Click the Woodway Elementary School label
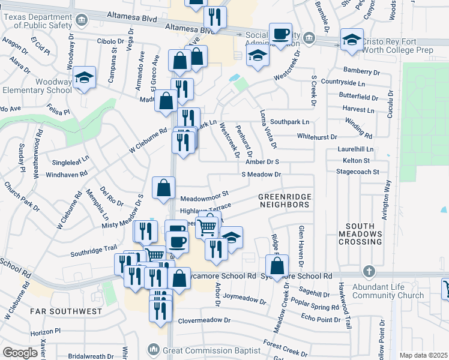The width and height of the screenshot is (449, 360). click(36, 86)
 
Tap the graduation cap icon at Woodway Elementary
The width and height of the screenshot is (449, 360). click(85, 77)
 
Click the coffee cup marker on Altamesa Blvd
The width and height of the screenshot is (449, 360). click(280, 34)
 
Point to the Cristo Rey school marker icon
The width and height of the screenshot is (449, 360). click(352, 40)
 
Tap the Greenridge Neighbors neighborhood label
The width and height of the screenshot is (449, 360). click(284, 200)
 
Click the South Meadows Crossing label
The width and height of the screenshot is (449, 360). click(360, 234)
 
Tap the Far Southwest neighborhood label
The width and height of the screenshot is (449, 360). click(59, 311)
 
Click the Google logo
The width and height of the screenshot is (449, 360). click(20, 353)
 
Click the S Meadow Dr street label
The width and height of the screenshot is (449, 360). click(261, 174)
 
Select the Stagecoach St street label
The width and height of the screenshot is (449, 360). click(359, 172)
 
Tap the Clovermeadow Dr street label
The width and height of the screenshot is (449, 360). click(204, 320)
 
